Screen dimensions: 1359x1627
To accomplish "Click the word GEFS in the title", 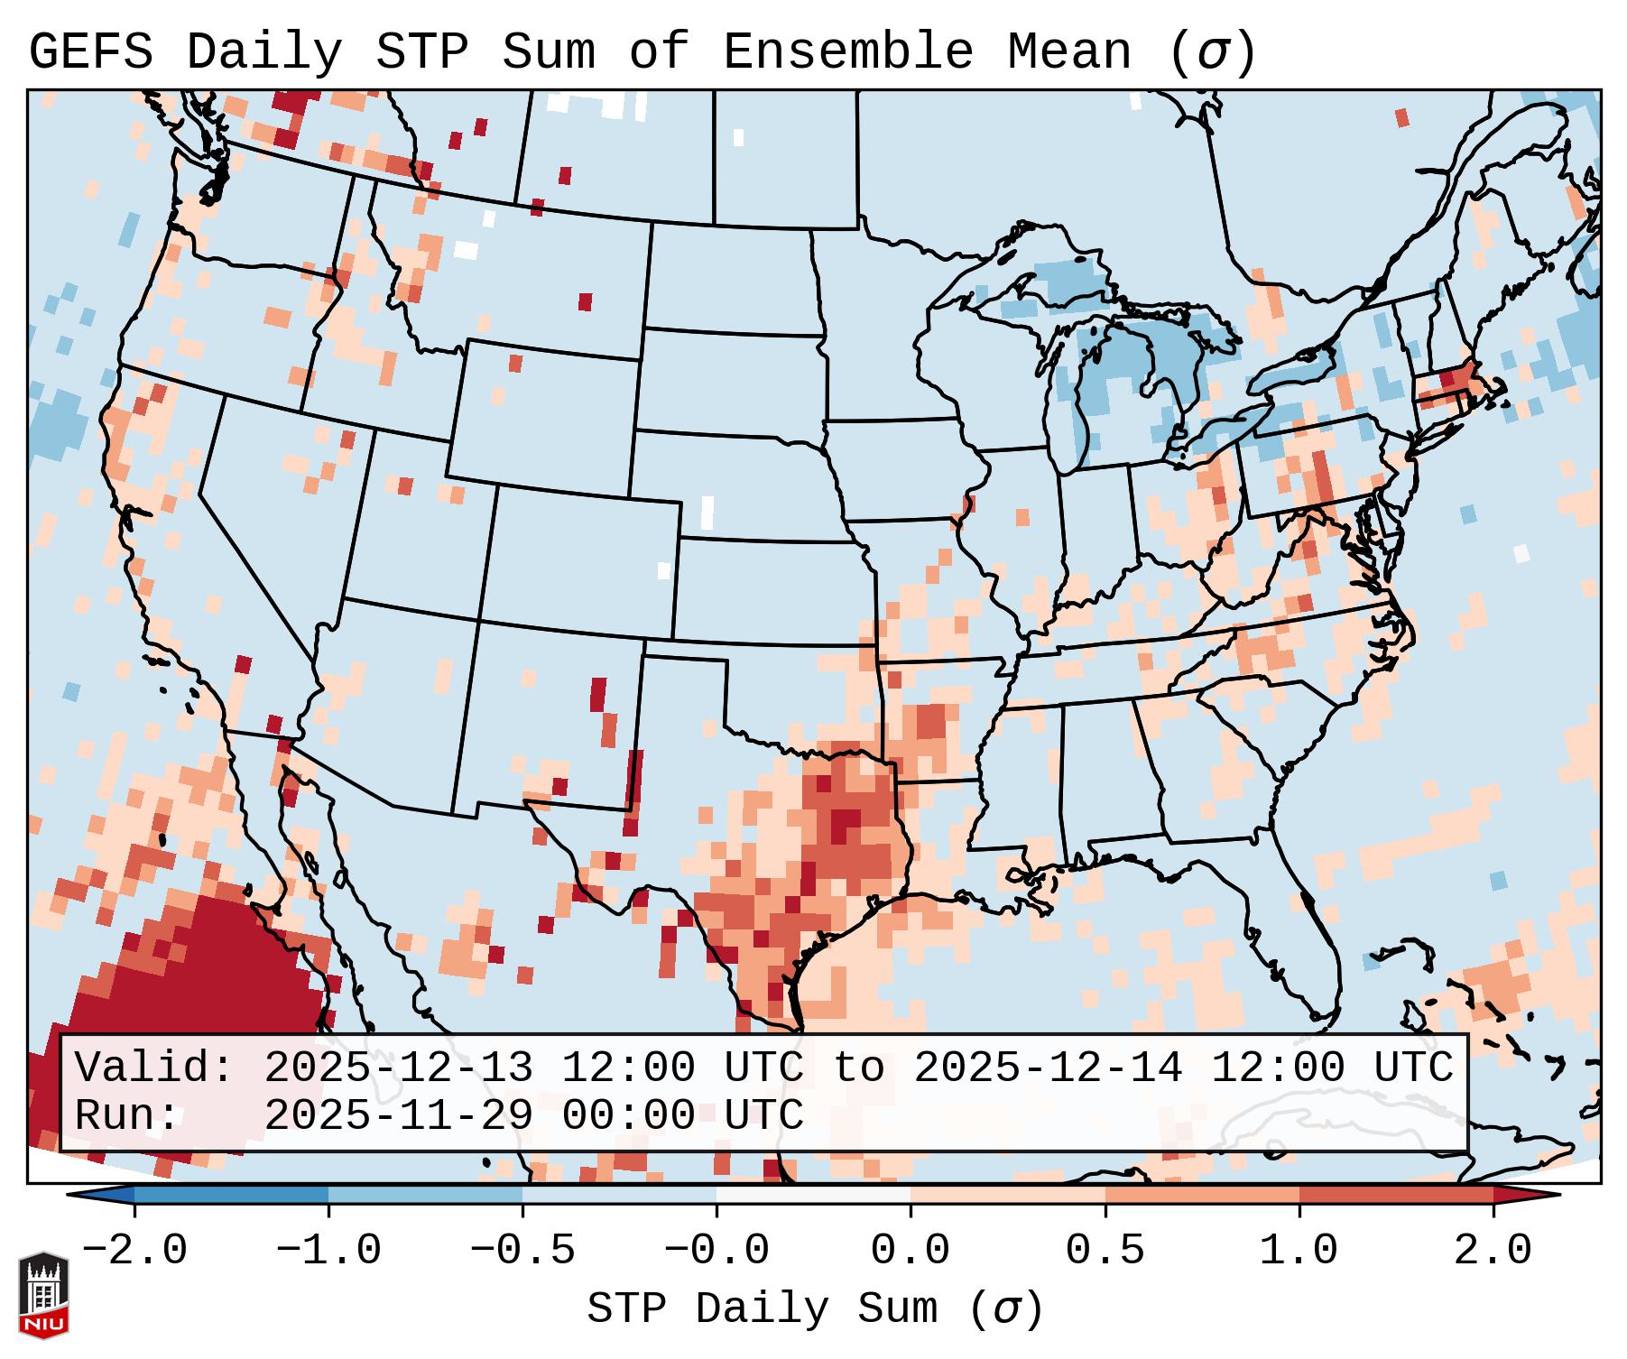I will pos(91,51).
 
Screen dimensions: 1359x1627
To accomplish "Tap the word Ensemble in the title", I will pos(847,51).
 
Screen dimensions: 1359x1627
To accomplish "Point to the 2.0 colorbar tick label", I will pos(1493,1250).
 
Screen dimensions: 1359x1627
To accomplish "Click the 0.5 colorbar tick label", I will pos(1105,1250).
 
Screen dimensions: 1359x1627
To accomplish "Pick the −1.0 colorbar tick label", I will pos(328,1250).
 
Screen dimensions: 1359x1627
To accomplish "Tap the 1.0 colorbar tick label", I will pos(1299,1250).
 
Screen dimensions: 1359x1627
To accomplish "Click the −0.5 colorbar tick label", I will pos(522,1250).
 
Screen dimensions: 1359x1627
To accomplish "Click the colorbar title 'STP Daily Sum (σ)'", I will pos(815,1308).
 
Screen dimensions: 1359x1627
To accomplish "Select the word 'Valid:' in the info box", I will pos(154,1068).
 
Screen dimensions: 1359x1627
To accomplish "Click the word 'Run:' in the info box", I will pos(127,1115).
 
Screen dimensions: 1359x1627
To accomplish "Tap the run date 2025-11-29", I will pos(398,1115).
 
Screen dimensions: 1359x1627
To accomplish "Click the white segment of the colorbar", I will pos(813,1195).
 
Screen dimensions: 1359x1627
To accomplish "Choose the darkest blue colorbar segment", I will pos(231,1195).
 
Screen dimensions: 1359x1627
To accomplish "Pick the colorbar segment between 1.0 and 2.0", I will pos(1395,1195).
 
